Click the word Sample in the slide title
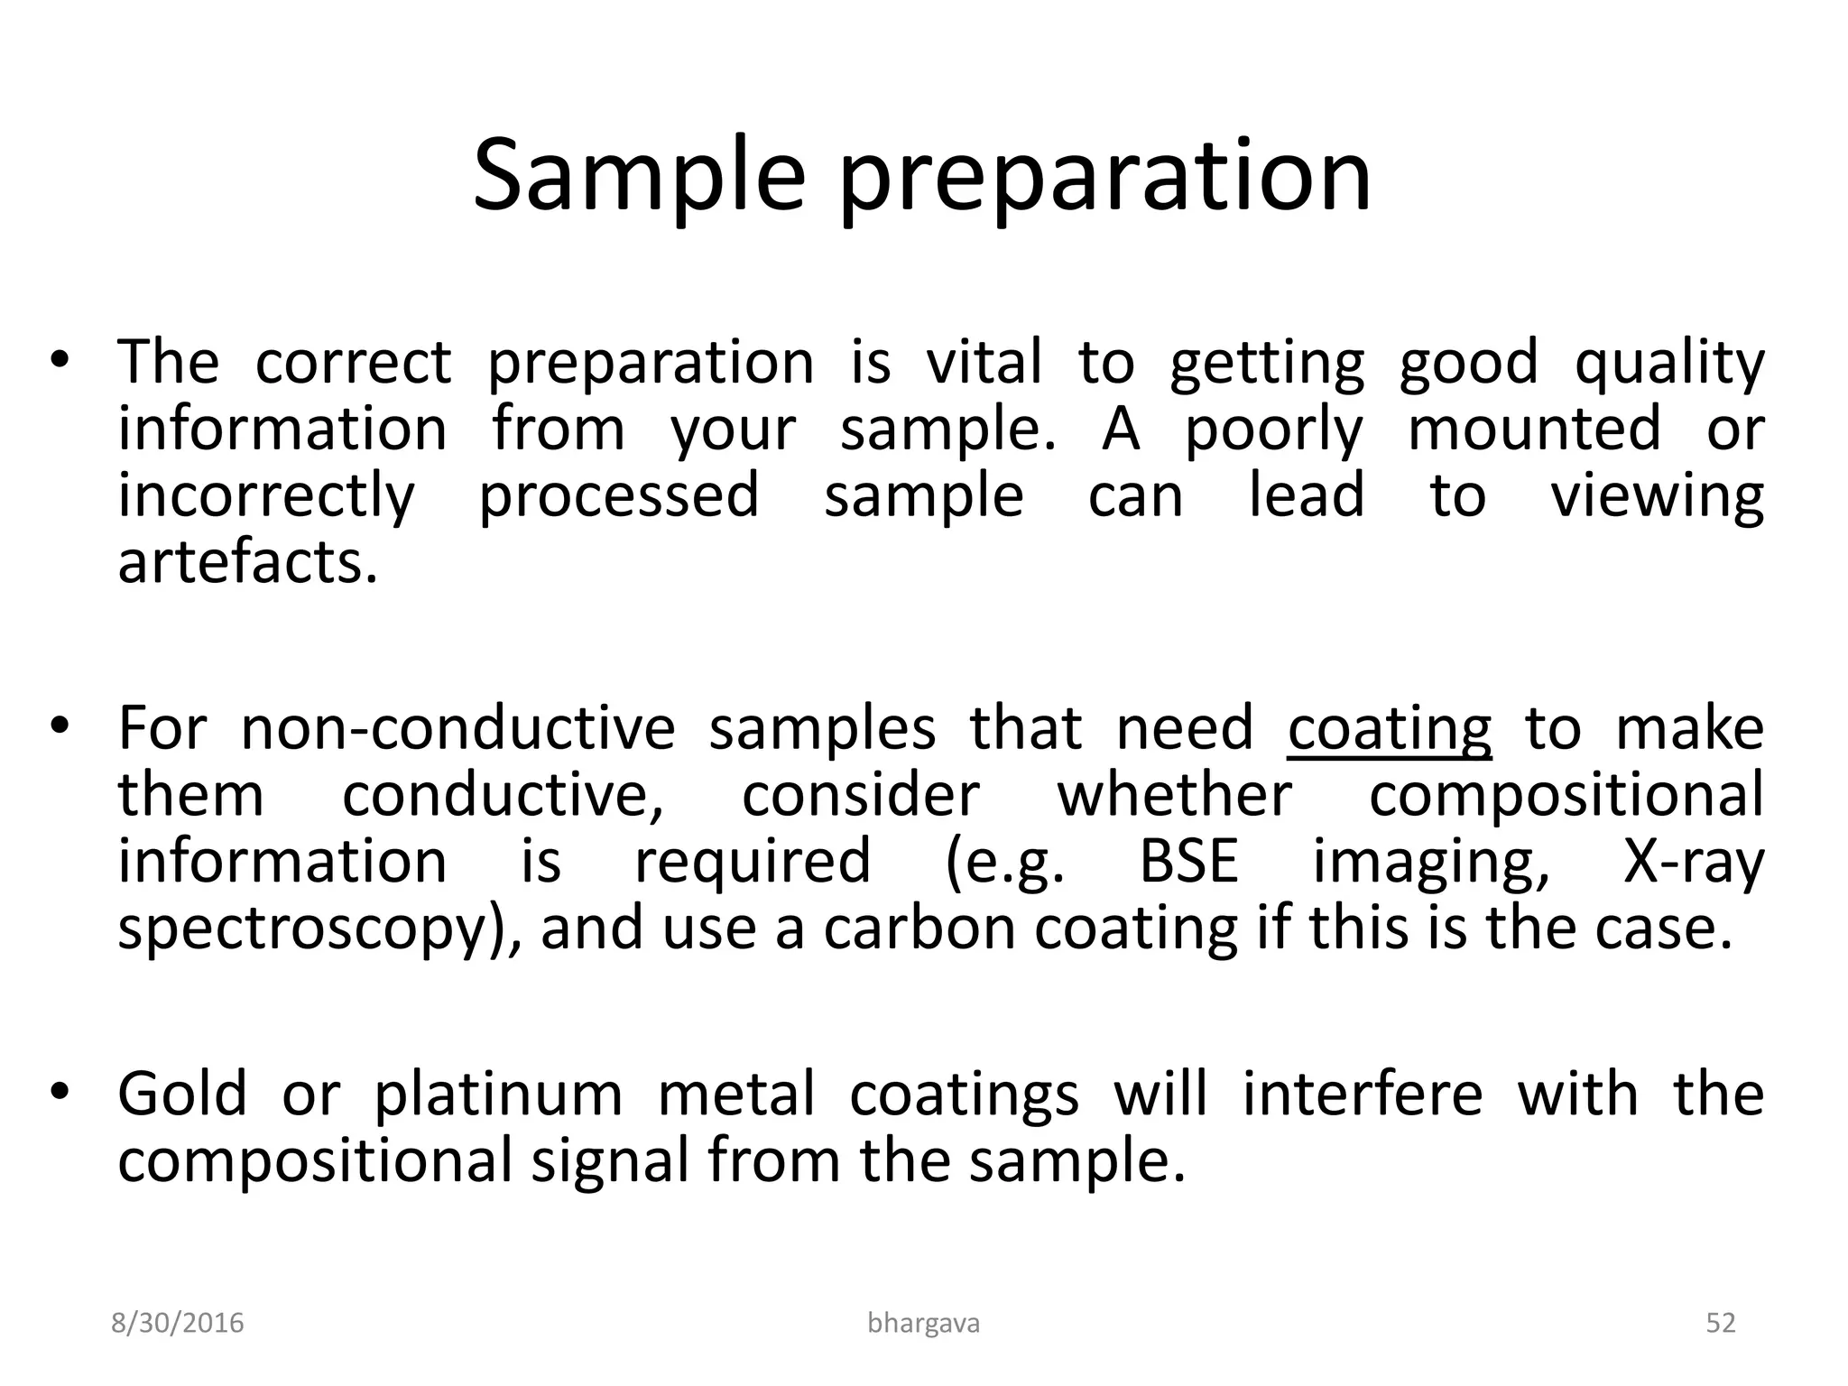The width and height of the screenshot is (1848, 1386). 638,176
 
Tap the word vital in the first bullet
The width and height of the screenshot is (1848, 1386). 984,362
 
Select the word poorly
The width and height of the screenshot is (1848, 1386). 1273,430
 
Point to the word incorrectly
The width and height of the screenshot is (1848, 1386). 266,497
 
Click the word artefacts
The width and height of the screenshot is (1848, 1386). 246,563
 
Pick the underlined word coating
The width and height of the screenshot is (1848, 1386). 1390,729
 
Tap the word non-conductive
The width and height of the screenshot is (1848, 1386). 457,729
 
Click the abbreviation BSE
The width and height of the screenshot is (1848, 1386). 1188,861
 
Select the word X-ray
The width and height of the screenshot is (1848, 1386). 1693,863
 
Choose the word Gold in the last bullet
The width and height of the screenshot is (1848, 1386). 182,1094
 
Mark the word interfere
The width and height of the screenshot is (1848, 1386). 1363,1094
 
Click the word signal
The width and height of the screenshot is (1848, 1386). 611,1162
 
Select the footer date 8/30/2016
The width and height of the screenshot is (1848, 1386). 178,1324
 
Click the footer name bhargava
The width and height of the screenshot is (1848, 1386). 923,1324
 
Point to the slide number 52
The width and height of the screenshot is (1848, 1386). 1721,1324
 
